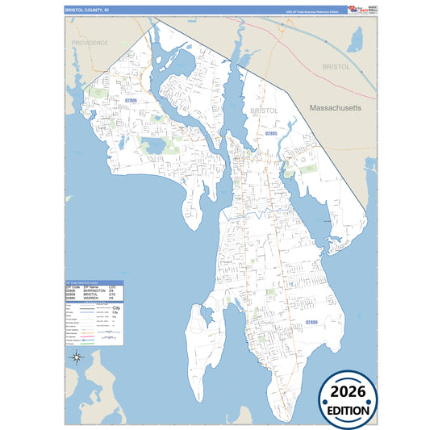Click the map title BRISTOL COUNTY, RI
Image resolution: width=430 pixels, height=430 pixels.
pyautogui.click(x=88, y=10)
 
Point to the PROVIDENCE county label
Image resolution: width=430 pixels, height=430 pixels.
pyautogui.click(x=90, y=43)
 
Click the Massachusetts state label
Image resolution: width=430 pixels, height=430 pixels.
pyautogui.click(x=334, y=106)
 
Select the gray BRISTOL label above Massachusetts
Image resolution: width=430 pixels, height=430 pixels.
pyautogui.click(x=336, y=67)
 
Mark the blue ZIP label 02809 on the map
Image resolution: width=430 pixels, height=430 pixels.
pyautogui.click(x=311, y=322)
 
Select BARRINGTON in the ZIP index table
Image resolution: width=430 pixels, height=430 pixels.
pyautogui.click(x=94, y=290)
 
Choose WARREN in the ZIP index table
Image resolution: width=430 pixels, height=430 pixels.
pyautogui.click(x=91, y=298)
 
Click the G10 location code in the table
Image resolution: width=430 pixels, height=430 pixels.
pyautogui.click(x=113, y=294)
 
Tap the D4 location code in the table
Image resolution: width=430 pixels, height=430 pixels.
pyautogui.click(x=112, y=290)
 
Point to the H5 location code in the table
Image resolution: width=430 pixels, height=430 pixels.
pyautogui.click(x=112, y=298)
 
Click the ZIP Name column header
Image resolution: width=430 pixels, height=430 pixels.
pyautogui.click(x=92, y=286)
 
